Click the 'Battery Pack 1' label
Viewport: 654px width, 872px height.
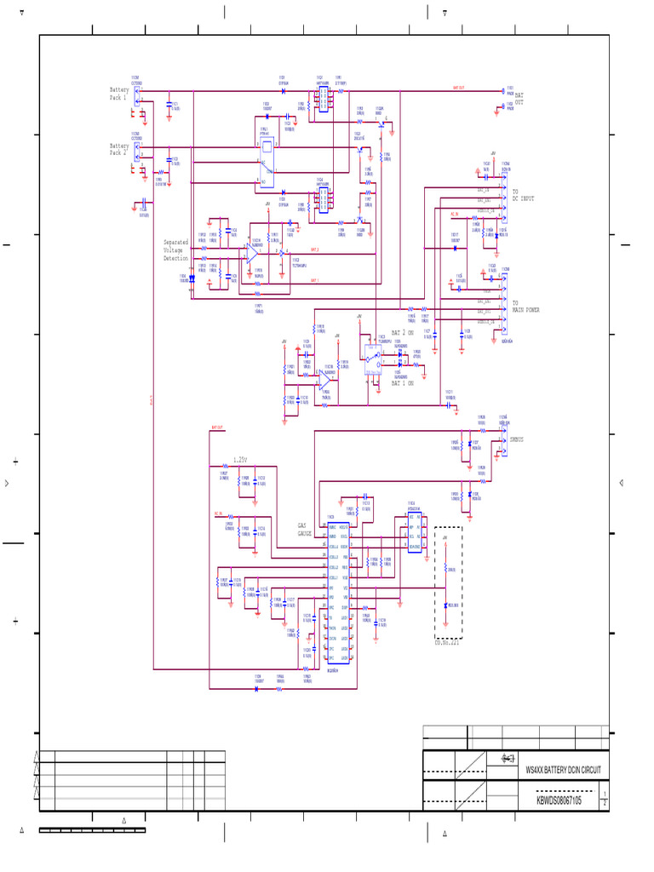(x=118, y=94)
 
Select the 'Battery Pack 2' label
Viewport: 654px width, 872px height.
(x=118, y=150)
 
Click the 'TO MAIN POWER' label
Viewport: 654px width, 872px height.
(x=525, y=307)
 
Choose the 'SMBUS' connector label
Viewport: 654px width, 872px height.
(x=516, y=439)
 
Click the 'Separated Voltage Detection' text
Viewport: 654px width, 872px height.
(x=175, y=250)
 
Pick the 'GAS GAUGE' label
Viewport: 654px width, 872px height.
(x=304, y=529)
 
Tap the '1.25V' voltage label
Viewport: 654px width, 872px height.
(x=240, y=460)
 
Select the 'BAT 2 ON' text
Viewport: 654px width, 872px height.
(x=403, y=332)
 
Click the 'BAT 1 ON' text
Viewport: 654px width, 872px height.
(x=402, y=383)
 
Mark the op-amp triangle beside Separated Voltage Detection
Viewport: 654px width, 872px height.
(x=254, y=255)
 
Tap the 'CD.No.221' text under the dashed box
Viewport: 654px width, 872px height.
(x=448, y=644)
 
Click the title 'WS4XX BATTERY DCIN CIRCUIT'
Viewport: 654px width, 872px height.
(x=563, y=770)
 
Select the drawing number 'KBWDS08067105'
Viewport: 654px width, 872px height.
(x=559, y=800)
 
